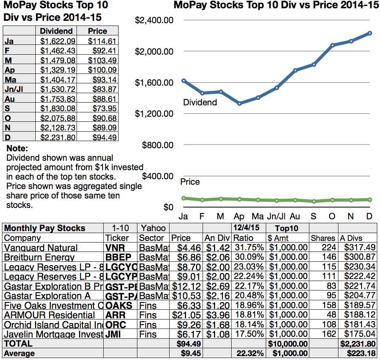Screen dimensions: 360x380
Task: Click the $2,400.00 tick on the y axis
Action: (154, 20)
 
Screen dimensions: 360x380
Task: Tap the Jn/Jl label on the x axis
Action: (276, 217)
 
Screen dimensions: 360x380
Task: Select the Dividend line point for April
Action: (239, 103)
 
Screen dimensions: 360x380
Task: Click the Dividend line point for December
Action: (370, 33)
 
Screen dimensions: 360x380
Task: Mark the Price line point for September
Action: (314, 201)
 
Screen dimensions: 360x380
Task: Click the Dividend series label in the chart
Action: (200, 103)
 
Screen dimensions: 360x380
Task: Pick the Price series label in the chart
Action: (190, 182)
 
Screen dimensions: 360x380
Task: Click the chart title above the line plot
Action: (273, 6)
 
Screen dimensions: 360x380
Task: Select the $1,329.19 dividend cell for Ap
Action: (56, 70)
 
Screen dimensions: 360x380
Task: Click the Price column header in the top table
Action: (97, 31)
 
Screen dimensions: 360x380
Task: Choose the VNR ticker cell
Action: (115, 248)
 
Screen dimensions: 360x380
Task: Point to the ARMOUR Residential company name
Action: (49, 315)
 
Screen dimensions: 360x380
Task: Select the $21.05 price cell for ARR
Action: (186, 315)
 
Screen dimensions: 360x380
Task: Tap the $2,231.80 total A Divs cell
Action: (358, 344)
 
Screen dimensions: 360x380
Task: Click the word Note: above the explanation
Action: (17, 149)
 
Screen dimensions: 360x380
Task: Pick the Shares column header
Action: (323, 238)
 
